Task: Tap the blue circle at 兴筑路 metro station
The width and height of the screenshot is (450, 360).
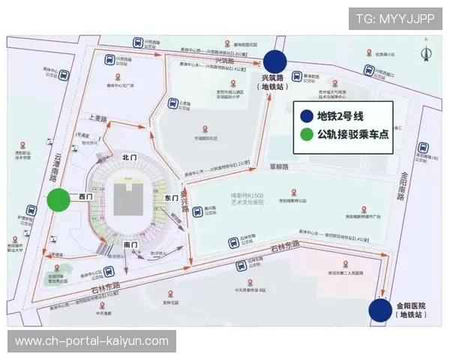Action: (x=274, y=61)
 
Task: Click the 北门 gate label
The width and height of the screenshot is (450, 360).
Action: (x=130, y=157)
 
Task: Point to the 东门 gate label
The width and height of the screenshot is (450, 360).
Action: (x=170, y=197)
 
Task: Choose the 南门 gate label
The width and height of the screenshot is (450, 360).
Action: (x=130, y=244)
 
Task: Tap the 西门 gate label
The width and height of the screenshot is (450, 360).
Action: (x=85, y=196)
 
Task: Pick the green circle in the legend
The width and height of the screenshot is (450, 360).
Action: (x=306, y=135)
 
